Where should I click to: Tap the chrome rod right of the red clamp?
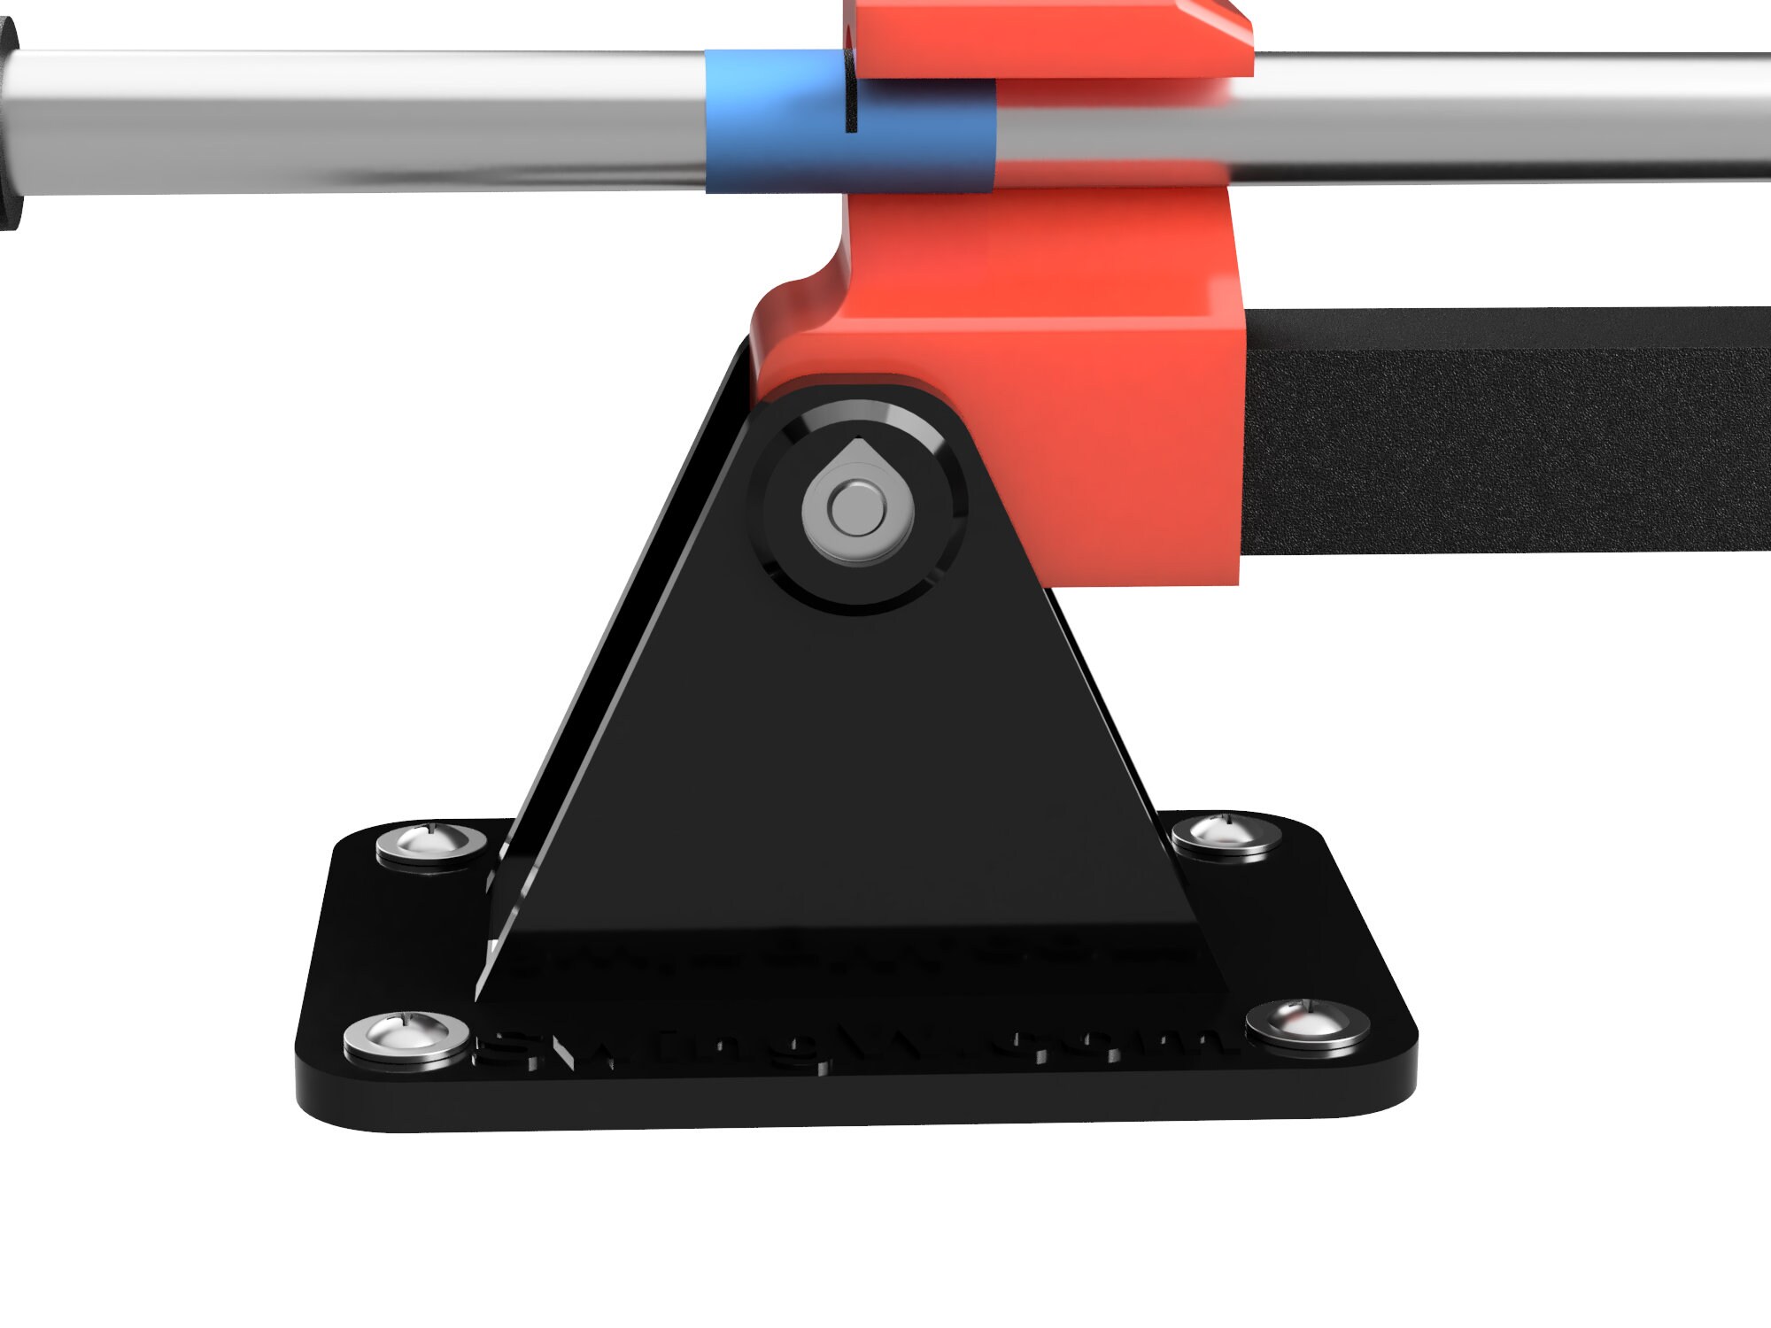pos(1505,115)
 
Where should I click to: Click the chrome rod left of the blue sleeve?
pos(354,120)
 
